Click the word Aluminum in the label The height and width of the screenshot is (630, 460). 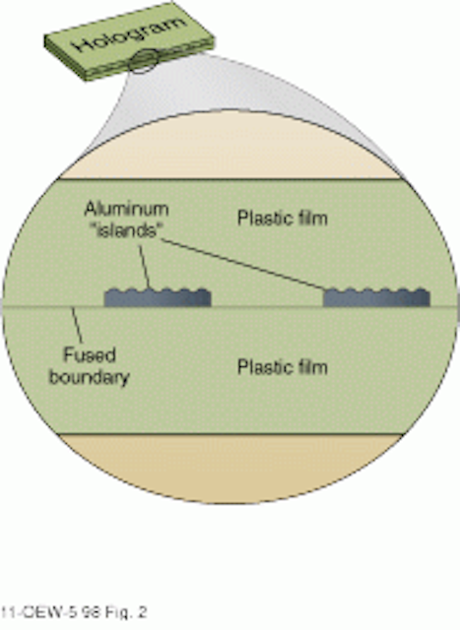[x=126, y=210]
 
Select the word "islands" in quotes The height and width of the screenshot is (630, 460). [x=127, y=230]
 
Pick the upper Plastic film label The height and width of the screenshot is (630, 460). [x=283, y=219]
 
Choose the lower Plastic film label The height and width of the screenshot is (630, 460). [x=283, y=367]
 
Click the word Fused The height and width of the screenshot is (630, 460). [x=90, y=354]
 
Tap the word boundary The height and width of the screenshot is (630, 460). [x=90, y=377]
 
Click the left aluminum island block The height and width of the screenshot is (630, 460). [x=158, y=298]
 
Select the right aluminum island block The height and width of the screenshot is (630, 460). [x=376, y=297]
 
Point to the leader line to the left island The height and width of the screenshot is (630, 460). [x=145, y=267]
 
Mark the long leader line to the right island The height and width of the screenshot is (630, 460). [x=242, y=265]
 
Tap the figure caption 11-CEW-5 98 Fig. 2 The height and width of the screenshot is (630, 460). [x=74, y=612]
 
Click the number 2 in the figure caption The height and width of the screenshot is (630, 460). [x=142, y=612]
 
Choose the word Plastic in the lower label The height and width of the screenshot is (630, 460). [x=262, y=367]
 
